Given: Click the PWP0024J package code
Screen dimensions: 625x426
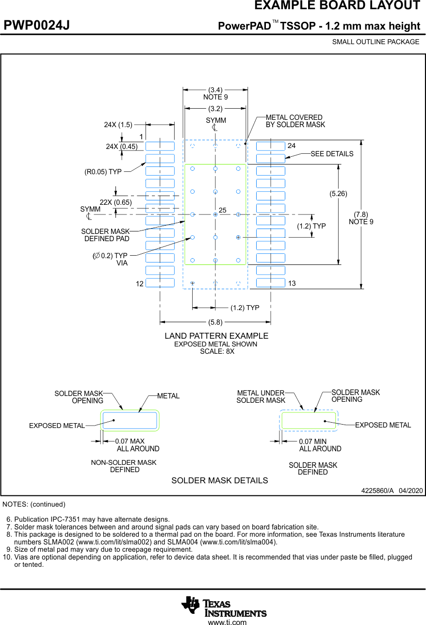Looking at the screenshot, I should [x=37, y=26].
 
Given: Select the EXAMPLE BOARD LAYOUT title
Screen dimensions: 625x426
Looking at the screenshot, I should [x=337, y=6].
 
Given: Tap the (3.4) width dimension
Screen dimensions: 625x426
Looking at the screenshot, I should [x=215, y=90].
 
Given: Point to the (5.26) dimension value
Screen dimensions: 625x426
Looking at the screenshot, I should [x=339, y=194].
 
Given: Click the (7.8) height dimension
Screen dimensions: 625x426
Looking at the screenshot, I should [x=361, y=214].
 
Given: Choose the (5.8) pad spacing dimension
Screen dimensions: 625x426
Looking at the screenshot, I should [x=215, y=322].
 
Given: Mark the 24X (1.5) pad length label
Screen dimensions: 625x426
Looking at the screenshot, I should [x=118, y=125].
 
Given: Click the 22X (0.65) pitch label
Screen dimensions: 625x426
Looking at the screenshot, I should [x=116, y=202].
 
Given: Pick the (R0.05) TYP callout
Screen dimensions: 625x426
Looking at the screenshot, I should [x=103, y=171].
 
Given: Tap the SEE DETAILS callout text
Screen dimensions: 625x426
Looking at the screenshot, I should [x=332, y=154].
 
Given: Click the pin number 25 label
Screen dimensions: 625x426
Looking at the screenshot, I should [x=223, y=210].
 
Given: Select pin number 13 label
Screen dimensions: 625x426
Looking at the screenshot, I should [x=292, y=283].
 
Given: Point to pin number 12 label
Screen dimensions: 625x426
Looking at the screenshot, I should [x=140, y=284].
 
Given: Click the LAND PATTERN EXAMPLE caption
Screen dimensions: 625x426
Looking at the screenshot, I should [x=216, y=336].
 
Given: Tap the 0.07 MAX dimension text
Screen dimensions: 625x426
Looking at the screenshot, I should [x=130, y=442].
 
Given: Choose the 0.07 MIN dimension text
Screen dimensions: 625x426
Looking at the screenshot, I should [x=313, y=442].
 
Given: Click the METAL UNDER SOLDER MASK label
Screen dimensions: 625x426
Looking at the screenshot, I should [x=261, y=396].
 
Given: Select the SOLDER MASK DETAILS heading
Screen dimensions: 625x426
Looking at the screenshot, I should [x=219, y=480].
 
